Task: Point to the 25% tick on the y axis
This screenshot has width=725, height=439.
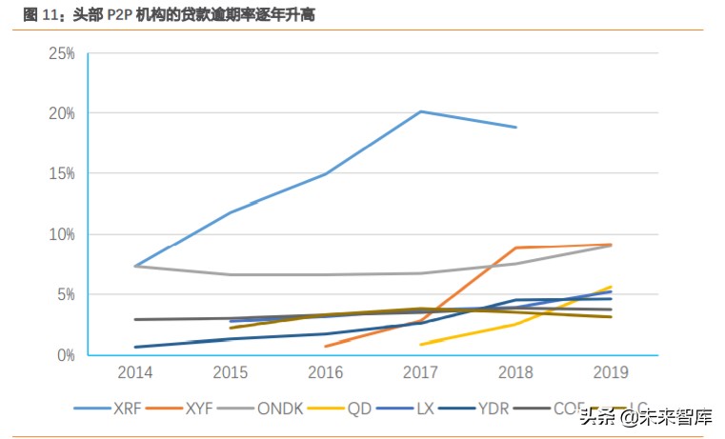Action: pyautogui.click(x=62, y=53)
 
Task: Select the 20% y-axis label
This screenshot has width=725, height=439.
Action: pyautogui.click(x=62, y=113)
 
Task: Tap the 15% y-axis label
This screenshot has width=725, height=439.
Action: pyautogui.click(x=62, y=174)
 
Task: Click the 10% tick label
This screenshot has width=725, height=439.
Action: pyautogui.click(x=62, y=234)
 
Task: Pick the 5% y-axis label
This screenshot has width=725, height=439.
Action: pyautogui.click(x=66, y=295)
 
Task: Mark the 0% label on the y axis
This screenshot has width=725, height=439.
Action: pyautogui.click(x=66, y=355)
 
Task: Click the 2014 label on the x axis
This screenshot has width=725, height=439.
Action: pyautogui.click(x=134, y=373)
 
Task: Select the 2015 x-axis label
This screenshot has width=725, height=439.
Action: pyautogui.click(x=230, y=373)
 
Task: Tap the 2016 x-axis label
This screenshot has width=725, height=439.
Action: pyautogui.click(x=325, y=373)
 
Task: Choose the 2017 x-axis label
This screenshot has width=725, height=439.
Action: pyautogui.click(x=420, y=373)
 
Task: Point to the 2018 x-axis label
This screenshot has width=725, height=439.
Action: pyautogui.click(x=515, y=373)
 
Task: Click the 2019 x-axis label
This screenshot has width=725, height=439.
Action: pyautogui.click(x=611, y=373)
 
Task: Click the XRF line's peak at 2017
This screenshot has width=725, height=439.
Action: pyautogui.click(x=420, y=111)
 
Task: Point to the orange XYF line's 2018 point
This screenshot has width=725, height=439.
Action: pyautogui.click(x=515, y=248)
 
